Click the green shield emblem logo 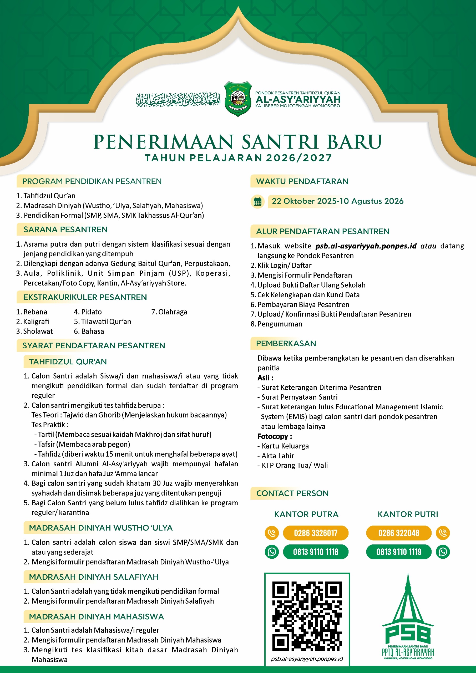[x=237, y=99]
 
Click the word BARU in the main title [x=354, y=142]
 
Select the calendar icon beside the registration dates [x=257, y=202]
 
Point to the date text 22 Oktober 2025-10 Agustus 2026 [x=337, y=201]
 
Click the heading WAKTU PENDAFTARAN [x=302, y=181]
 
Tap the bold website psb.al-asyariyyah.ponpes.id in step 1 [x=366, y=246]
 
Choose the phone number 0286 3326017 [x=316, y=533]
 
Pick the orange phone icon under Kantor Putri [x=443, y=533]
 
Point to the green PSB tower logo [x=408, y=619]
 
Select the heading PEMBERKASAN [x=286, y=343]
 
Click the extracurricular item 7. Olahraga [x=169, y=312]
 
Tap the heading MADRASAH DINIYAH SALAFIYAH [x=94, y=577]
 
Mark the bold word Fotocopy [x=273, y=436]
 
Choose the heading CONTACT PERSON [x=292, y=493]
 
